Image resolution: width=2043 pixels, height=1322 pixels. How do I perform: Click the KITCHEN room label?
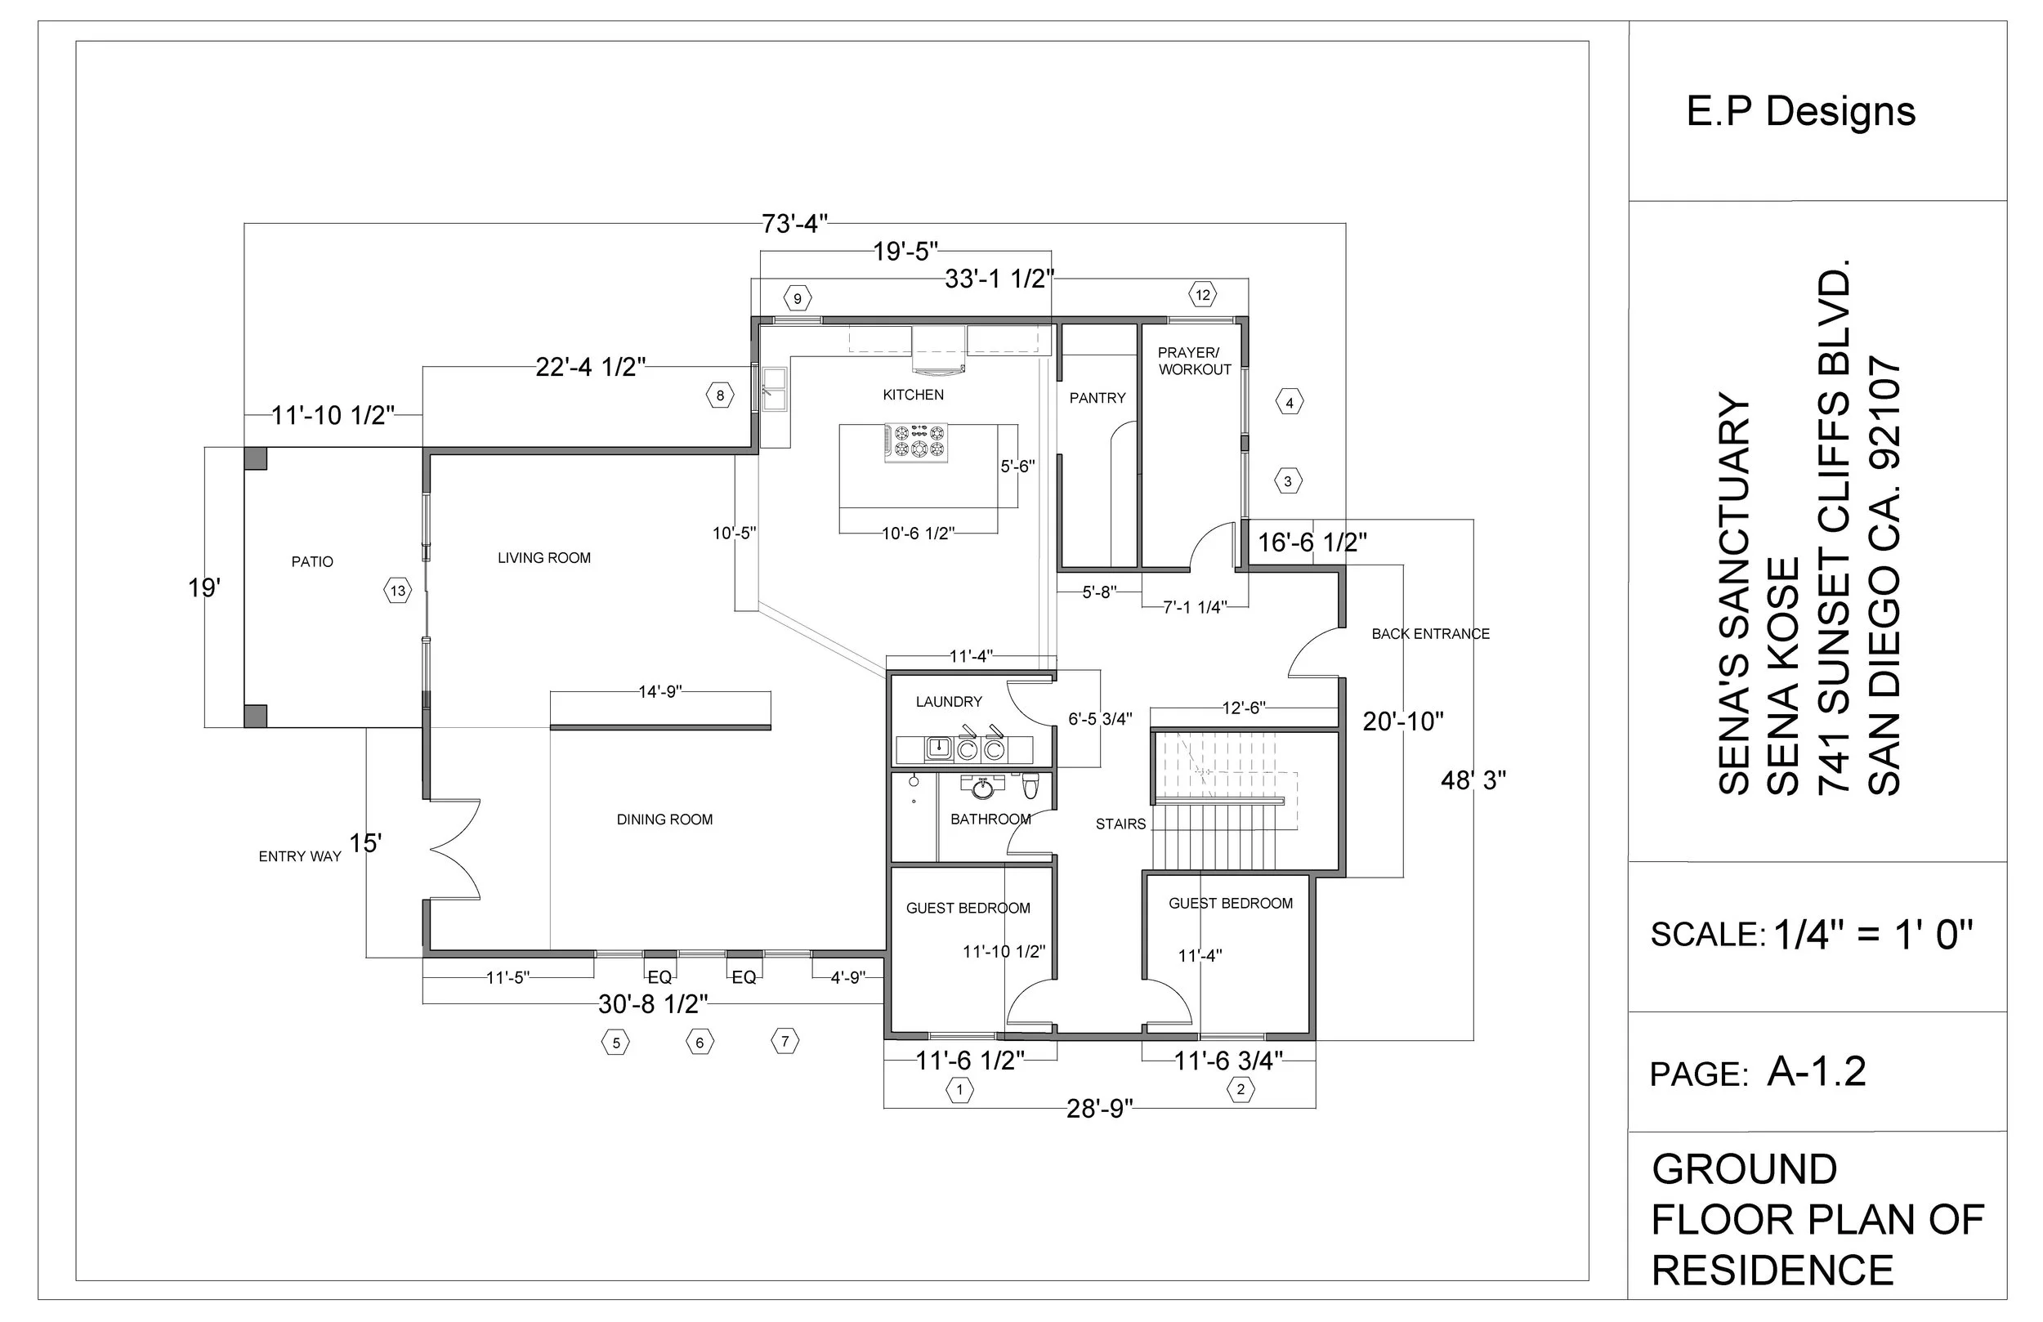(913, 395)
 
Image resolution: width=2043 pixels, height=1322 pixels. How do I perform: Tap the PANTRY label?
(1097, 399)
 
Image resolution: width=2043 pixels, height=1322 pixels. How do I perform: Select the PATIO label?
(311, 561)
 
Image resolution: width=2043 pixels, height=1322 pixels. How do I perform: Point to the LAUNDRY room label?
(949, 701)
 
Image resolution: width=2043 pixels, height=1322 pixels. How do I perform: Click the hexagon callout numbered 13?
(397, 591)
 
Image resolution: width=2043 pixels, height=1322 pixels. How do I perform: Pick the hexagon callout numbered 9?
(798, 299)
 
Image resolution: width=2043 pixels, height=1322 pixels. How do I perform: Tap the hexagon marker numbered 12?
(1203, 295)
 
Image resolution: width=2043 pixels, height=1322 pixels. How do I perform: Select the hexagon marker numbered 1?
(959, 1091)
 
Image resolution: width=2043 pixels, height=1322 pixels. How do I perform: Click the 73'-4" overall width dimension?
(794, 224)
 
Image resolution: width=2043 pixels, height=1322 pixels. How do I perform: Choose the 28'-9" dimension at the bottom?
(1100, 1109)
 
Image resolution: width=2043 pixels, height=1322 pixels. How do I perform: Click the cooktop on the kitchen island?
(917, 442)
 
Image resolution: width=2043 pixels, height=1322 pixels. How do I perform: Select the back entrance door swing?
(1313, 654)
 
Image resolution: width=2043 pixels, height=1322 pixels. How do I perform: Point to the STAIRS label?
(1120, 824)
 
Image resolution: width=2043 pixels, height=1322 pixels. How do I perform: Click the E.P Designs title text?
(1800, 112)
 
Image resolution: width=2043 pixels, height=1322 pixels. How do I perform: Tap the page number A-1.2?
(1816, 1071)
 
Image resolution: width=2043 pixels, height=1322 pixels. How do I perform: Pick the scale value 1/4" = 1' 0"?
(1872, 934)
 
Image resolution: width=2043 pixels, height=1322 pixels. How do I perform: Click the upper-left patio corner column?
(255, 458)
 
